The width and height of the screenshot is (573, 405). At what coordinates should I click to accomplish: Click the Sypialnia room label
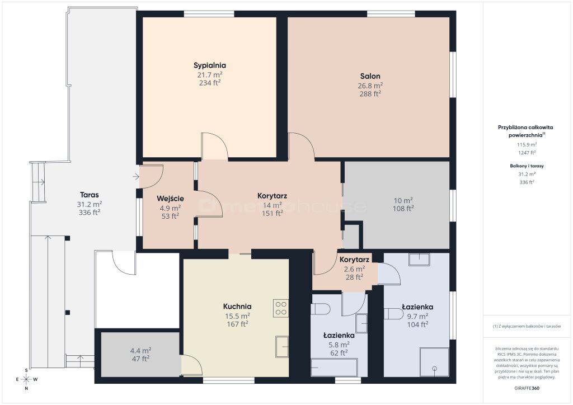210,65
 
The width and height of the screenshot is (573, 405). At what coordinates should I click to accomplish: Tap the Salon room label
370,76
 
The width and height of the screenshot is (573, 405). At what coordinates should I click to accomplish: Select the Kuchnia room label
237,307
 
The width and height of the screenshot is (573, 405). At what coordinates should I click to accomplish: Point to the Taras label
90,195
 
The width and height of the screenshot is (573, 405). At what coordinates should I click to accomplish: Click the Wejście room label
170,199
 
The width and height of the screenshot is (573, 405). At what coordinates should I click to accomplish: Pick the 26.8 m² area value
370,86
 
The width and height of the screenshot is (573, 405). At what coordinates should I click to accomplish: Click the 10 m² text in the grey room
403,200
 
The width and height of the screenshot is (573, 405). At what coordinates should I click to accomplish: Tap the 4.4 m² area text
140,351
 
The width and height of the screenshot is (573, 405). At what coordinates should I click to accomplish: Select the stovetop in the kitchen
281,308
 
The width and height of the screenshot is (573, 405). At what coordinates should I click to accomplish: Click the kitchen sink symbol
282,347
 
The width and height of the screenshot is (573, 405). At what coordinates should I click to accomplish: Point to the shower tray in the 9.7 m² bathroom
434,362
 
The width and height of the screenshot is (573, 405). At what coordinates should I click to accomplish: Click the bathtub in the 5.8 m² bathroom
334,368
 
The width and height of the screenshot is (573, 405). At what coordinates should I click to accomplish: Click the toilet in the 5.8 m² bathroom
320,309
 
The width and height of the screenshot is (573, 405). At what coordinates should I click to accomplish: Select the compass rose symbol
26,379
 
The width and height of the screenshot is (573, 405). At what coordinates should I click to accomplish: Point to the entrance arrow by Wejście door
136,177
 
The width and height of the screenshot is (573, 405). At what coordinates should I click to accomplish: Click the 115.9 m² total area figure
527,145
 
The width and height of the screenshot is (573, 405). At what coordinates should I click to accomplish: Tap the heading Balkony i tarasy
527,166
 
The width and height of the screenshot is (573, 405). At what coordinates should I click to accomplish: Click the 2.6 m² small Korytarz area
354,269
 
